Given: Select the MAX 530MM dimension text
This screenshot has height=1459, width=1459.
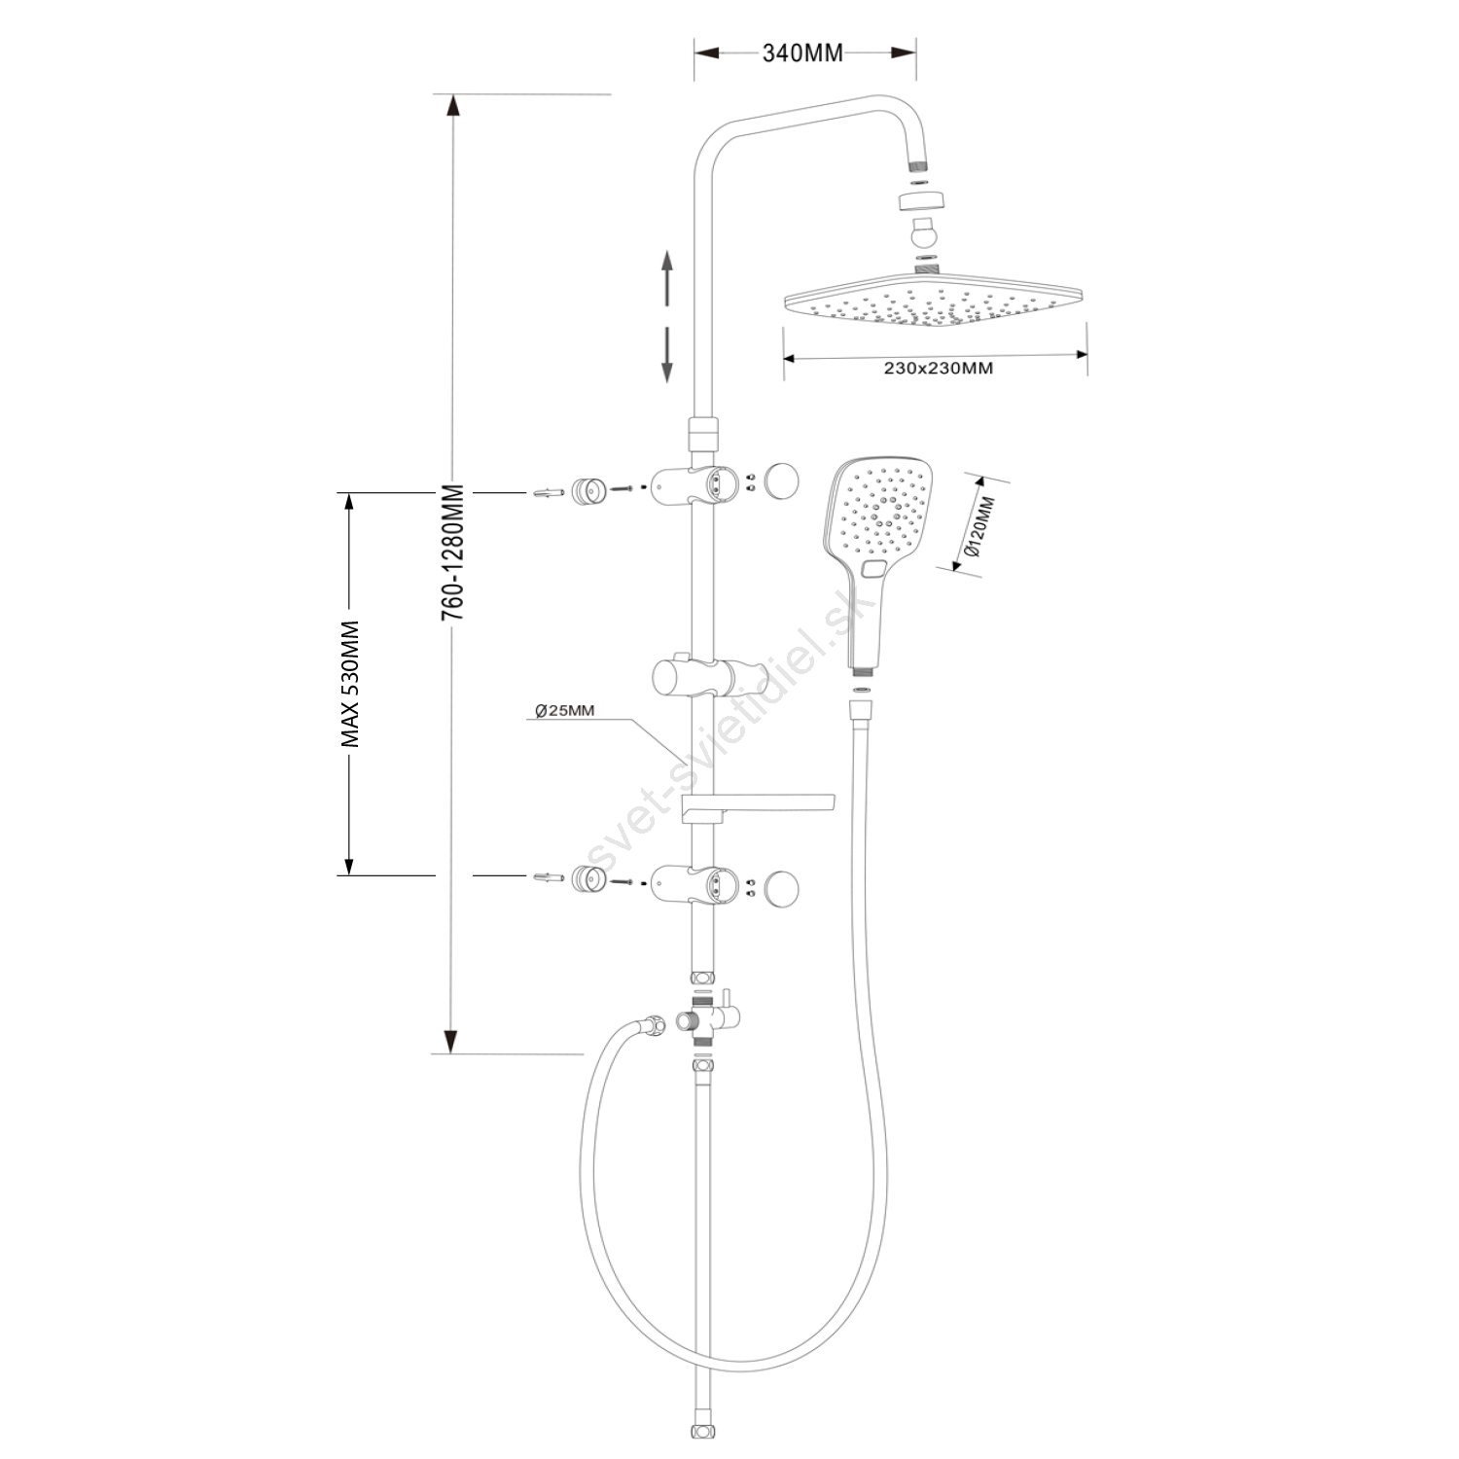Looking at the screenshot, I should coord(350,684).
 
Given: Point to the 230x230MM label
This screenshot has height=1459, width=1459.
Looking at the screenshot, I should coord(938,369).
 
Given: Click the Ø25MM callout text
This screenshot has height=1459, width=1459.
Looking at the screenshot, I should coord(565,711).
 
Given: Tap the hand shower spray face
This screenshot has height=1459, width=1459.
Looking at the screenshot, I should coord(881,511).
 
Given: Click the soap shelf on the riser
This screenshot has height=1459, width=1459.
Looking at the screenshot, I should coord(759,802).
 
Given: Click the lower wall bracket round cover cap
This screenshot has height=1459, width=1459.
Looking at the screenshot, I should coord(781,887).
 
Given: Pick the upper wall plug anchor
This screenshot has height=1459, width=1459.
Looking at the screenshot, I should coord(549,493).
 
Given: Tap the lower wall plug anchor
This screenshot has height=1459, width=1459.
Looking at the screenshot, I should coord(549,878).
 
